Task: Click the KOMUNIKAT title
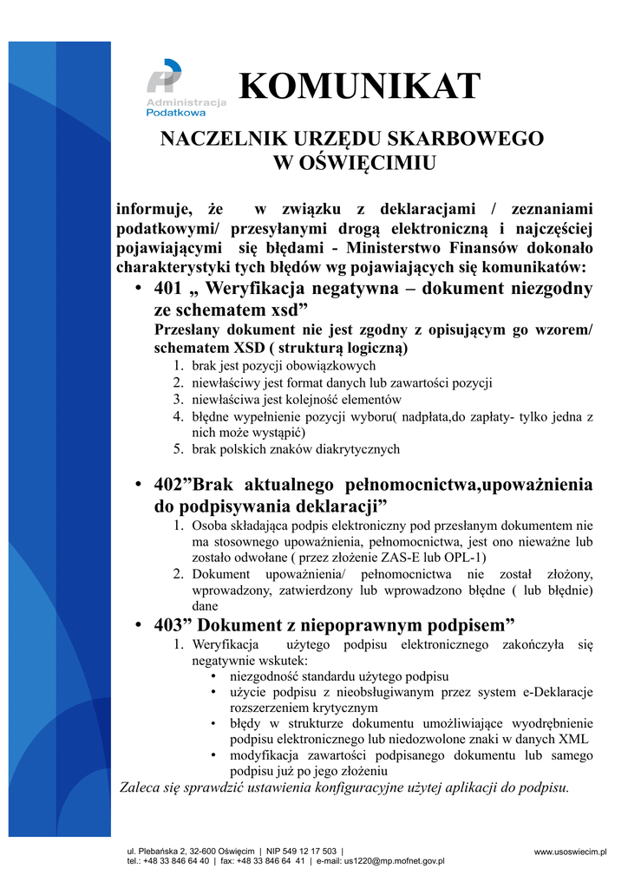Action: pyautogui.click(x=358, y=87)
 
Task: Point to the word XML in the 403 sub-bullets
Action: pyautogui.click(x=574, y=739)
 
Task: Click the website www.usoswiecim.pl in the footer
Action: pyautogui.click(x=570, y=852)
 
